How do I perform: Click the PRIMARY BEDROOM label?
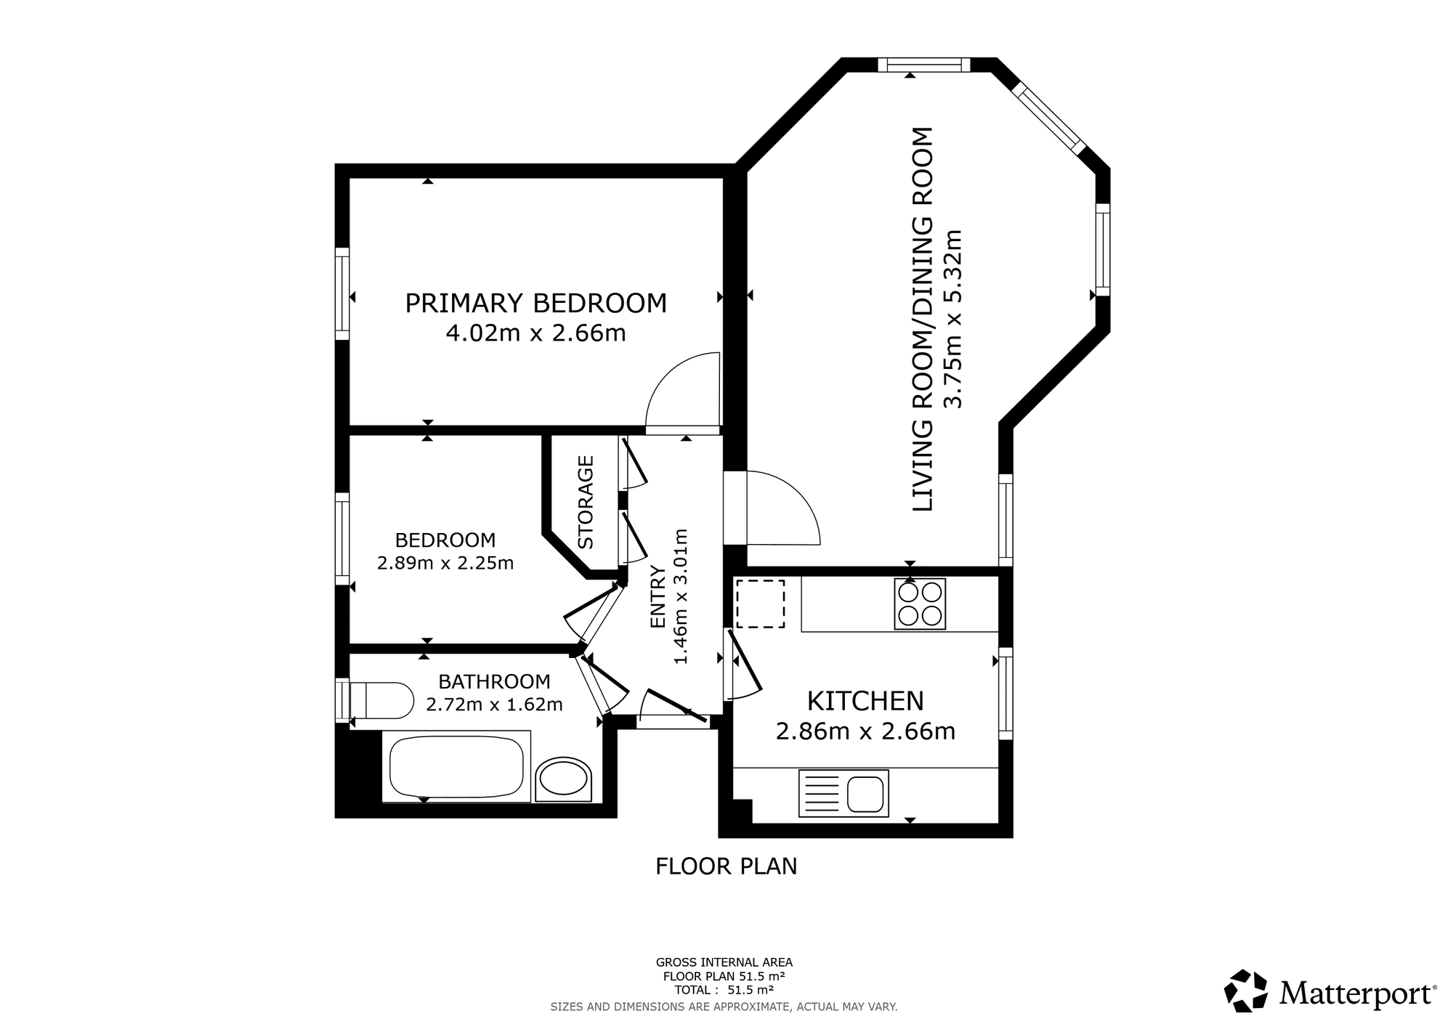pos(535,303)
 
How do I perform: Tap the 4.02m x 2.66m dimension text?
pos(535,333)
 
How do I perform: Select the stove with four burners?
pos(920,604)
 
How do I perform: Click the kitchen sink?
pos(843,792)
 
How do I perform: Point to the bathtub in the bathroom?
pos(456,766)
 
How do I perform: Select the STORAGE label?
pos(586,502)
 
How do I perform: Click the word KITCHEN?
pos(865,701)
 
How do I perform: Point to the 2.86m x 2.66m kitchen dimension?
pos(865,731)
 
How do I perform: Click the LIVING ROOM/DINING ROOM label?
pos(921,319)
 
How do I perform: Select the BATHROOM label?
pos(494,681)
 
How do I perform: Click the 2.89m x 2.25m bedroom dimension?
pos(445,563)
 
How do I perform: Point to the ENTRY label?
pos(657,596)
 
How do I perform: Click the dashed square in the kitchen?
pos(761,604)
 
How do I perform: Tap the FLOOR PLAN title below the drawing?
pos(726,866)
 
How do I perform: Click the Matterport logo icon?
pos(1246,991)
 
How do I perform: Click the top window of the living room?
pos(924,65)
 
